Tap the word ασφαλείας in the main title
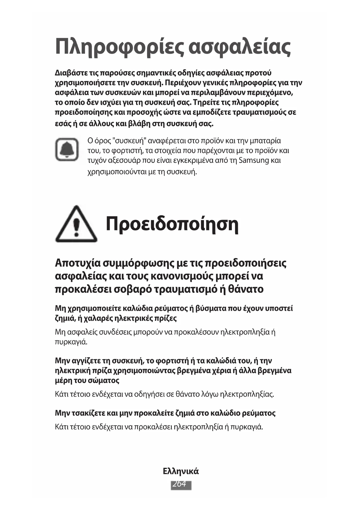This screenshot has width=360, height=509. point(239,47)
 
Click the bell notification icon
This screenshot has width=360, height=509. point(67,149)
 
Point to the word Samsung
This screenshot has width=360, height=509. point(254,160)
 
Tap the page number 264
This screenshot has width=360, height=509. point(181,484)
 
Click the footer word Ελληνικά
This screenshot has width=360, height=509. point(181,471)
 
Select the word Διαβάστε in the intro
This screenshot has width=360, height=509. point(68,73)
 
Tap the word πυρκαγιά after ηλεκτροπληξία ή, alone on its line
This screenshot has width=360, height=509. point(71,342)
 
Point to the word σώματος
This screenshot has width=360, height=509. point(103,380)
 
